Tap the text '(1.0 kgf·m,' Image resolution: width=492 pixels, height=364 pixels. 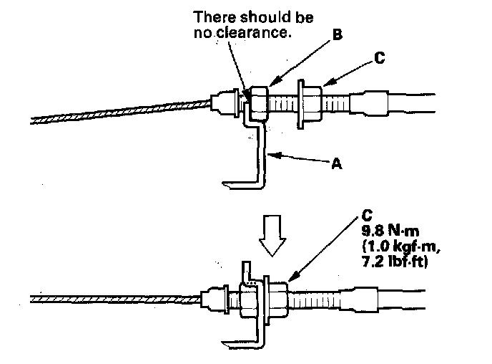394,246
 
